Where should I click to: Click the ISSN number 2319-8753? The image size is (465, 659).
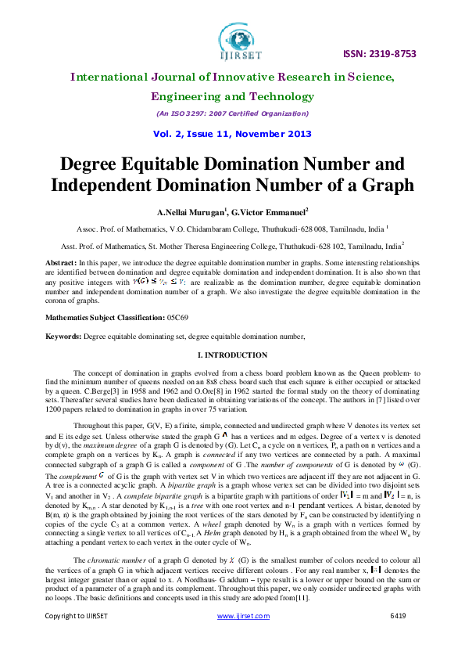381,54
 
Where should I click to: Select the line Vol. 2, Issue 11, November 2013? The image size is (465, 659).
232,134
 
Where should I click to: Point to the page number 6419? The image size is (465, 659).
398,638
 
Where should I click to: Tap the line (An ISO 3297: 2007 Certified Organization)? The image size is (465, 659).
232,114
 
